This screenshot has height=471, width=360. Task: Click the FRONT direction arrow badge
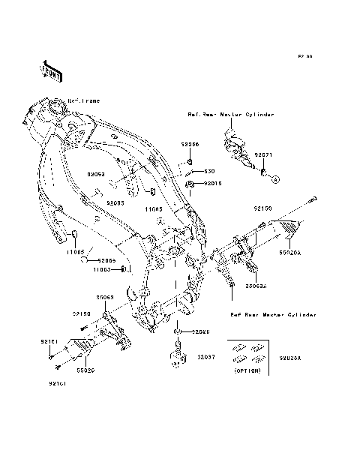[49, 70]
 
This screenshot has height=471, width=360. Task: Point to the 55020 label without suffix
[85, 370]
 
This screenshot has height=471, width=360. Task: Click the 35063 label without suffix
[103, 297]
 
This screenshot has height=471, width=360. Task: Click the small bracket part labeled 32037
[177, 356]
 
